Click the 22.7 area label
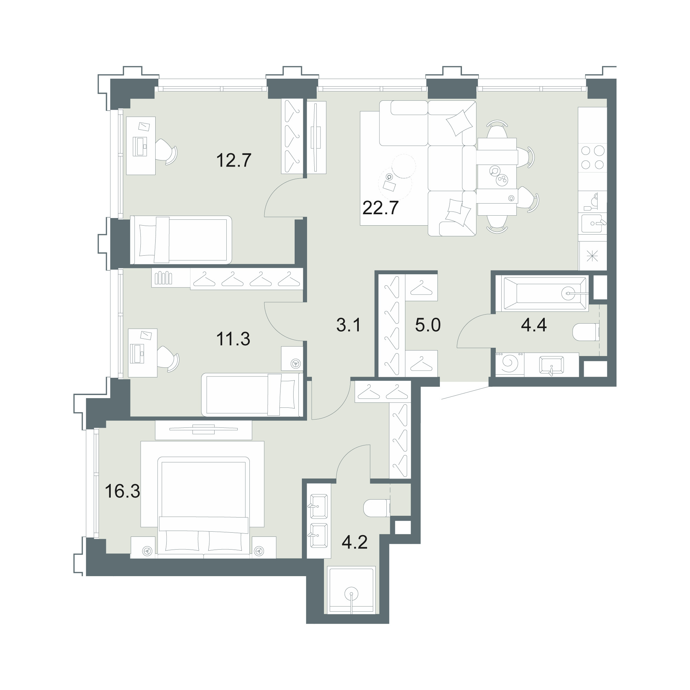[380, 208]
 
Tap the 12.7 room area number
[234, 160]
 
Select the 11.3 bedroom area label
[233, 339]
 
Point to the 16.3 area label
[122, 491]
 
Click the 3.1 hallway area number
[348, 325]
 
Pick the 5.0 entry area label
[428, 325]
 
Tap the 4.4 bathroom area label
[534, 325]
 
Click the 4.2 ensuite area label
[355, 542]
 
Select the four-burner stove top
[592, 158]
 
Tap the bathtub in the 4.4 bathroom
[545, 293]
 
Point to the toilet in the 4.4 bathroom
[586, 332]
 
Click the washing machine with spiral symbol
[510, 365]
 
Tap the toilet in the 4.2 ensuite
[376, 507]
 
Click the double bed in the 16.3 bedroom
[203, 507]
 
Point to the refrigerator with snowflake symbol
[593, 256]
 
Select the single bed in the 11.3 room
[252, 395]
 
